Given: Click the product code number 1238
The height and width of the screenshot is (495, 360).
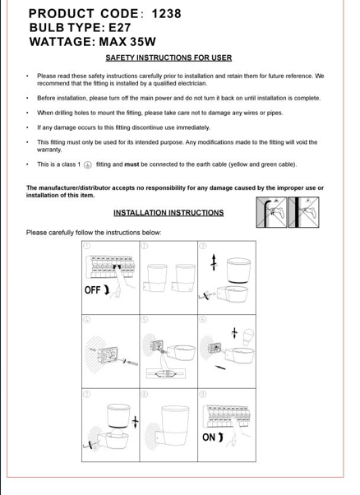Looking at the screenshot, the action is pyautogui.click(x=166, y=14).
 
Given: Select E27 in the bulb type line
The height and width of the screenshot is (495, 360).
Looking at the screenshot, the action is pyautogui.click(x=119, y=28).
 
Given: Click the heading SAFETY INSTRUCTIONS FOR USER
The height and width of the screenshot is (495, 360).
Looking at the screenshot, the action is pyautogui.click(x=168, y=58).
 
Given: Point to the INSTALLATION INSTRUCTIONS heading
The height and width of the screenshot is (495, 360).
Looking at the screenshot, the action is pyautogui.click(x=168, y=213).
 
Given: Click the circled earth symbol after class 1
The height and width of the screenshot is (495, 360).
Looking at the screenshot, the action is pyautogui.click(x=88, y=164).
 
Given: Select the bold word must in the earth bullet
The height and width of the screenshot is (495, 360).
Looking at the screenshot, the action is pyautogui.click(x=132, y=164).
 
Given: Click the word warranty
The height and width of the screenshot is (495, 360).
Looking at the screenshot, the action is pyautogui.click(x=49, y=150).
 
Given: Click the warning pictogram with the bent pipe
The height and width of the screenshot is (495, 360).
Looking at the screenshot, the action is pyautogui.click(x=272, y=212).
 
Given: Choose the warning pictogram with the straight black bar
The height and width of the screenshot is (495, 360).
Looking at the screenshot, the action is pyautogui.click(x=303, y=212).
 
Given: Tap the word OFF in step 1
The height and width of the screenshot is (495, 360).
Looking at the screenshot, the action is pyautogui.click(x=92, y=290).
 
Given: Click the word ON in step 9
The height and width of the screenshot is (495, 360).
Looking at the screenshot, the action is pyautogui.click(x=209, y=437).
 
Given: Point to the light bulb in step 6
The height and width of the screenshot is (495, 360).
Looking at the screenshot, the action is pyautogui.click(x=248, y=337).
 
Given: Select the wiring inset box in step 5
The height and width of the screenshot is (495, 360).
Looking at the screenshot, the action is pyautogui.click(x=166, y=373).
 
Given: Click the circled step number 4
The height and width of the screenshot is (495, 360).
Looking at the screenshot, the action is pyautogui.click(x=87, y=320).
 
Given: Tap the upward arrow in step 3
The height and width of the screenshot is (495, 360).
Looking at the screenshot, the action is pyautogui.click(x=214, y=262).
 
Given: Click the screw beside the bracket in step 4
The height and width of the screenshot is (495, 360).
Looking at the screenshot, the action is pyautogui.click(x=130, y=362).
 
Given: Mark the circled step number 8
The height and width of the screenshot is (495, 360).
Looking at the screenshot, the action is pyautogui.click(x=145, y=394).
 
